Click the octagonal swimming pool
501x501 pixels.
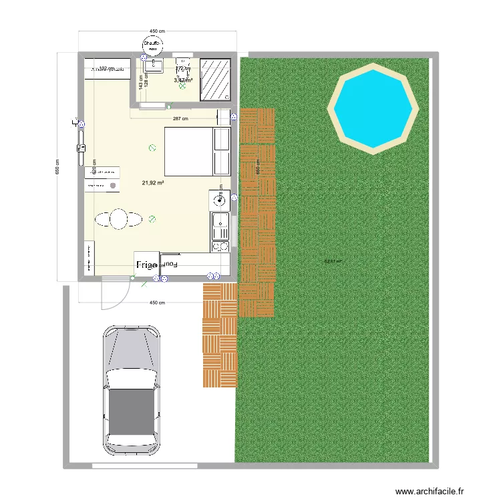pyautogui.click(x=372, y=107)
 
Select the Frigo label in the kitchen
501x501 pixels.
pyautogui.click(x=146, y=265)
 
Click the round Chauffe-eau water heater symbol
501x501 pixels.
pyautogui.click(x=153, y=46)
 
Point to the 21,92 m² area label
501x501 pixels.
pyautogui.click(x=153, y=182)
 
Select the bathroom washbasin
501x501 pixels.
pyautogui.click(x=154, y=64)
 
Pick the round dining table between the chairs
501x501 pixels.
pyautogui.click(x=118, y=219)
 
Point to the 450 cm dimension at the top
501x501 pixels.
pyautogui.click(x=157, y=31)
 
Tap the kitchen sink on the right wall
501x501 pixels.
pyautogui.click(x=219, y=221)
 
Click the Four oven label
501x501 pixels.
pyautogui.click(x=170, y=265)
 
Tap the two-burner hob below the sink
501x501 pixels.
pyautogui.click(x=219, y=245)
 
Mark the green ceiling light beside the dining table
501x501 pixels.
pyautogui.click(x=152, y=217)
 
